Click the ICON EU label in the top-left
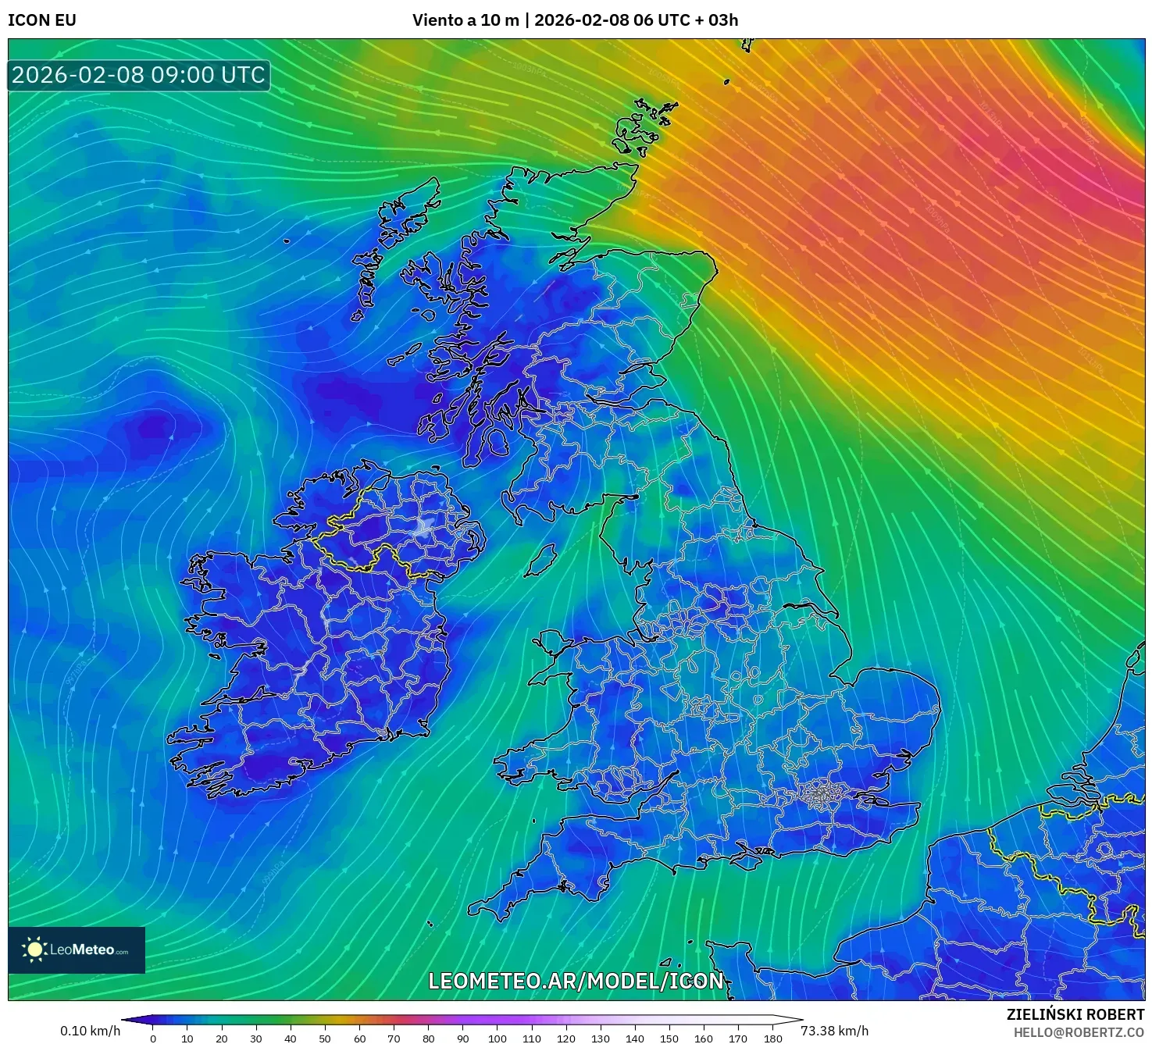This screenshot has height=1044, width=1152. [x=42, y=20]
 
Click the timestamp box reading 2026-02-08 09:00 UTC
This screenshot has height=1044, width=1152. [x=138, y=75]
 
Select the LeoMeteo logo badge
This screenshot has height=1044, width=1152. [x=77, y=950]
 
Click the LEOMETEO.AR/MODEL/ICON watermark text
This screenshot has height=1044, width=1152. [x=576, y=981]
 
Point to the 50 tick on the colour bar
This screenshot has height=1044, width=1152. [x=325, y=1039]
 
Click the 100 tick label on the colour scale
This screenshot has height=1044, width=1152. [x=498, y=1039]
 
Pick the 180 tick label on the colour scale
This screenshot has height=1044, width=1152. [x=773, y=1039]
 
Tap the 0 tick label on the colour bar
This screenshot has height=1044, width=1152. [x=153, y=1039]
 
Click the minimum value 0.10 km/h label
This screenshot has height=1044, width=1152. [x=90, y=1031]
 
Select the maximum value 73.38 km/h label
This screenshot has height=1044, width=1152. [x=834, y=1031]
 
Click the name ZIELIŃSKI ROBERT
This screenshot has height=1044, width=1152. [x=1075, y=1014]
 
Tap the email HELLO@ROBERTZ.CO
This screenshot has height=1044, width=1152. [x=1079, y=1032]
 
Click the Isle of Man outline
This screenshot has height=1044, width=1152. [x=540, y=560]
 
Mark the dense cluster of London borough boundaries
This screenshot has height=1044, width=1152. [x=819, y=795]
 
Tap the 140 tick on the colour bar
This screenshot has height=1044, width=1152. [x=635, y=1039]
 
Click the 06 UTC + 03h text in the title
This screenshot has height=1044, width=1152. [x=686, y=20]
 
